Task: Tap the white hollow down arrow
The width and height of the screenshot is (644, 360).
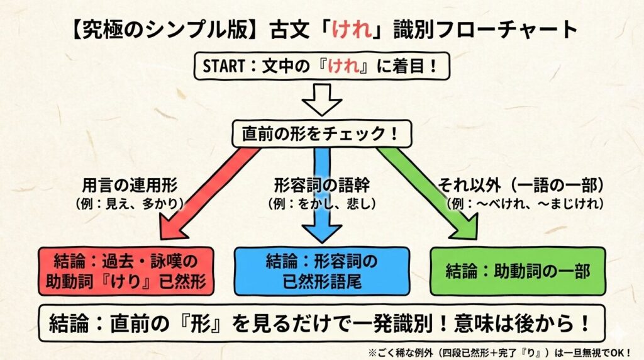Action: click(x=321, y=101)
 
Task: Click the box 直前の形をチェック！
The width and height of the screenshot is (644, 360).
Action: click(x=321, y=133)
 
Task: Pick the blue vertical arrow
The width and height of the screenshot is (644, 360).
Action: click(x=321, y=193)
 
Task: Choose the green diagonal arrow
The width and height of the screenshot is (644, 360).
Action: click(x=434, y=191)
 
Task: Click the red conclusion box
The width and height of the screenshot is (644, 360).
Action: click(x=126, y=271)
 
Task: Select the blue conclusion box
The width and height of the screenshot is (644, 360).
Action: click(x=321, y=271)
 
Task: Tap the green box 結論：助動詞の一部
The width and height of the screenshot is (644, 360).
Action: click(x=518, y=271)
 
